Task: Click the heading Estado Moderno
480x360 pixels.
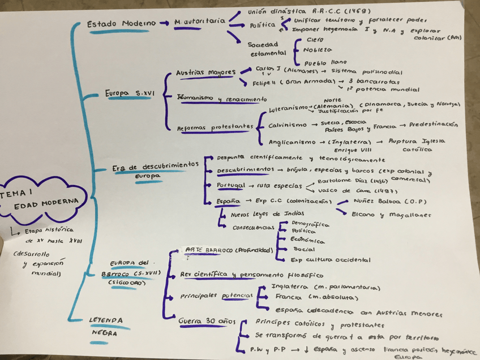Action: [x=121, y=24]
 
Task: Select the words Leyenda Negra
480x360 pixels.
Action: [x=105, y=327]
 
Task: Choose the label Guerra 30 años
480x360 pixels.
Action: [x=207, y=322]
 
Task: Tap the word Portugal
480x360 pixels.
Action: [x=231, y=185]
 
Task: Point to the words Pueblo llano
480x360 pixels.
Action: [x=325, y=62]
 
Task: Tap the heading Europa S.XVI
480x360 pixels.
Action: [x=128, y=93]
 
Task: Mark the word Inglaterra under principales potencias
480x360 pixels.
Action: [x=291, y=286]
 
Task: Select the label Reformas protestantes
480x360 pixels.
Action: [x=214, y=128]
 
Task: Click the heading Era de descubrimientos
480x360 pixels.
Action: [x=155, y=166]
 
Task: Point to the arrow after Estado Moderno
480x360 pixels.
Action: [x=164, y=23]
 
